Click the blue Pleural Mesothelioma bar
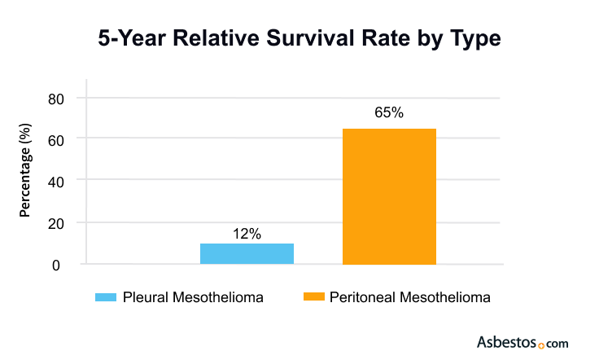pos(247,253)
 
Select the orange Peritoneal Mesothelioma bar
pos(389,196)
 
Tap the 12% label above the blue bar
pos(247,234)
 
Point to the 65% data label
pos(389,113)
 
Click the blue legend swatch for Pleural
pos(106,297)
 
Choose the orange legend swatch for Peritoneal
pos(313,297)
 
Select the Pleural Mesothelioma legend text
pos(193,297)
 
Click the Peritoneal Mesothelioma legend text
pos(410,297)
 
